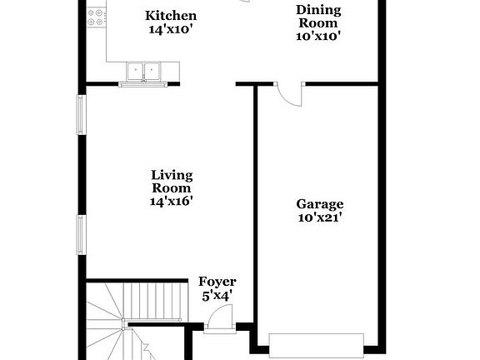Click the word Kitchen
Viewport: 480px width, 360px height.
[171, 16]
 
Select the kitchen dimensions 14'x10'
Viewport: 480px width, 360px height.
[171, 30]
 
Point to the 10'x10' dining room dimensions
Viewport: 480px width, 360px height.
[318, 36]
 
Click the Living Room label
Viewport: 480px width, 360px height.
[172, 181]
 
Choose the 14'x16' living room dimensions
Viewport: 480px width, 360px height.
[172, 201]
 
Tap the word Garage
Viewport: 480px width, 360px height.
[320, 204]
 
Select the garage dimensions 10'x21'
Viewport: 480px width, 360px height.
[320, 217]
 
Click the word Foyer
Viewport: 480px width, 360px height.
[217, 282]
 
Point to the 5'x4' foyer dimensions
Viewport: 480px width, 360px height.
[217, 295]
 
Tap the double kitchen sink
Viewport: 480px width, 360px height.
[144, 72]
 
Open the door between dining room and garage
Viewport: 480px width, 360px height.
[288, 94]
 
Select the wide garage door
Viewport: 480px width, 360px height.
[317, 344]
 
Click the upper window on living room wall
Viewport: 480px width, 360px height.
[82, 116]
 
